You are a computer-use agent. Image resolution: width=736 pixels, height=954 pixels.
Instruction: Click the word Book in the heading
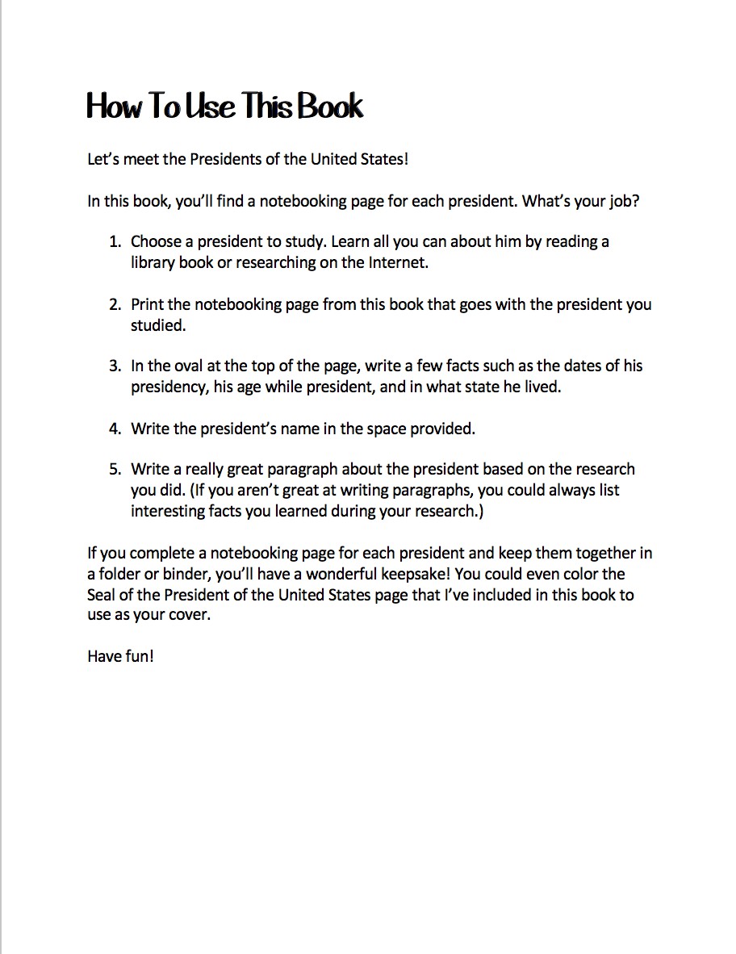pos(331,107)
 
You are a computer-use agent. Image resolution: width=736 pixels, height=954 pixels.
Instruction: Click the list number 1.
pos(115,241)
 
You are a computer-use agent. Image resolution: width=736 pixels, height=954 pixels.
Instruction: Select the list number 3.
pos(115,366)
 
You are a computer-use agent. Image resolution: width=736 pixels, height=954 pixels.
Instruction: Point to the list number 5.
pos(115,469)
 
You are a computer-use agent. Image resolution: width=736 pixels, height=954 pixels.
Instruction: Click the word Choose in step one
pos(156,241)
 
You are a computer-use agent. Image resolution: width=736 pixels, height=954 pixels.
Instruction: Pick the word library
pos(153,262)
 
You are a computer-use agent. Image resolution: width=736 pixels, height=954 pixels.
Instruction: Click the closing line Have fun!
pos(120,656)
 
